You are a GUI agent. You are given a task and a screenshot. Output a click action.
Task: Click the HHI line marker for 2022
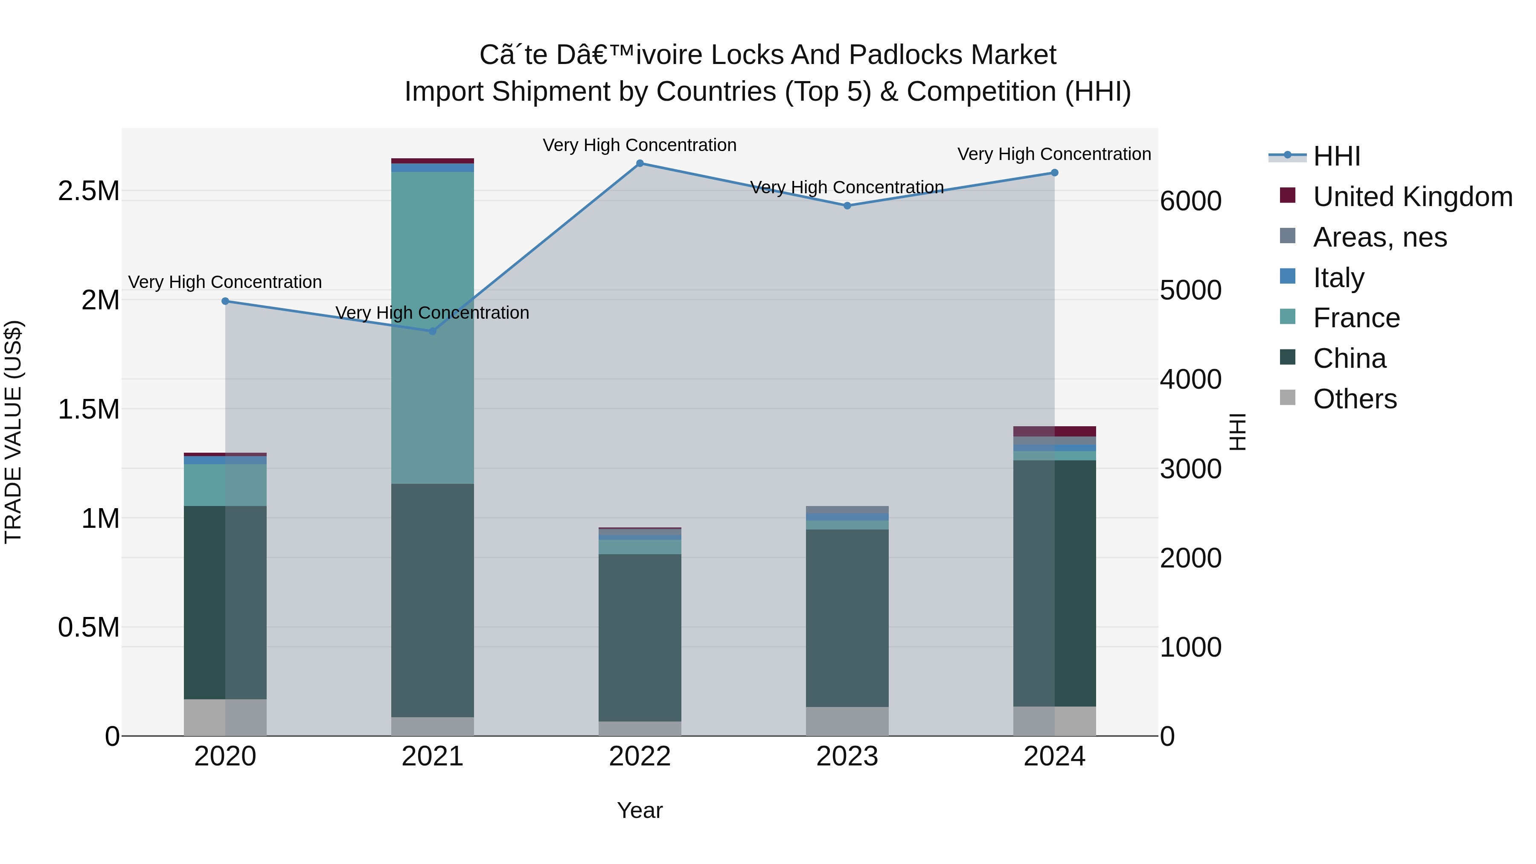point(640,163)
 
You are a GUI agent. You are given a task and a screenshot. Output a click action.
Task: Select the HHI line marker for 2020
point(225,301)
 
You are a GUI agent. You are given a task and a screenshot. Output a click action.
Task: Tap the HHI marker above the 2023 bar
point(847,206)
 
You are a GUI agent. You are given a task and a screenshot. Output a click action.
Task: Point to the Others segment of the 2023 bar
point(847,721)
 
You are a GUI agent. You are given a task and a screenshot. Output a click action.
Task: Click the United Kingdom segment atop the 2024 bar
point(1054,431)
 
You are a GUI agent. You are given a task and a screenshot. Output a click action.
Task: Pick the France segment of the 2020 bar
point(225,485)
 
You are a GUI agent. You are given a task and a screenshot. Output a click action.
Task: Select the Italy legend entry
point(1338,278)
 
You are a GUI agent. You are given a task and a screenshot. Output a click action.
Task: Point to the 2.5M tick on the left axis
point(88,192)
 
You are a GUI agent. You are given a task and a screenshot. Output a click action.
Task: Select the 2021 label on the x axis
point(432,756)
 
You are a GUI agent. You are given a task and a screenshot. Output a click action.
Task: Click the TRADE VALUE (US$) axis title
point(13,432)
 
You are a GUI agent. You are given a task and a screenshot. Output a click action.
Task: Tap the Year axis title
point(640,810)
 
